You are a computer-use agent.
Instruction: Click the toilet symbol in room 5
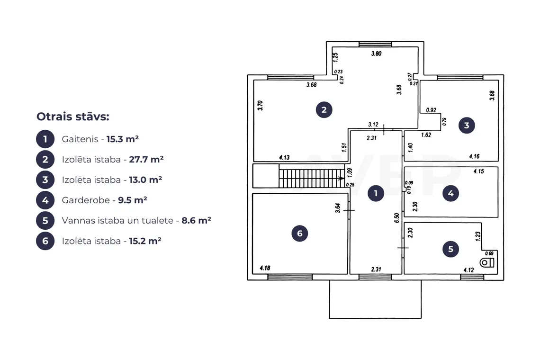(x=487, y=263)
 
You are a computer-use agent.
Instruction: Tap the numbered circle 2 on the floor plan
(x=324, y=110)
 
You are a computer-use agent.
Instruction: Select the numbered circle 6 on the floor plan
(x=300, y=234)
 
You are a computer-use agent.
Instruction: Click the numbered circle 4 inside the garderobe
(x=450, y=194)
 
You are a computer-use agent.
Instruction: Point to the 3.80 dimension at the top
(x=376, y=54)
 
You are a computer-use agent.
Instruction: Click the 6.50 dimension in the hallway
(x=397, y=218)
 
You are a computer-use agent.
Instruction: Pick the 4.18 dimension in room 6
(x=265, y=268)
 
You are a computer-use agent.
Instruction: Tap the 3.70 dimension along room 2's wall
(x=261, y=105)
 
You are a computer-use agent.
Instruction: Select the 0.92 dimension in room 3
(x=431, y=110)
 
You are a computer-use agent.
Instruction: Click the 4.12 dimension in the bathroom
(x=469, y=270)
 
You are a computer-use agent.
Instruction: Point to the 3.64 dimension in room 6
(x=338, y=208)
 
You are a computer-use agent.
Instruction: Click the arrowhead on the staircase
(x=341, y=179)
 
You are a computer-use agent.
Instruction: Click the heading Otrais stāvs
(x=72, y=117)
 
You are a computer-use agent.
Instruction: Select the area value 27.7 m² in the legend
(x=146, y=159)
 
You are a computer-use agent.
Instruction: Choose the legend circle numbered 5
(x=45, y=220)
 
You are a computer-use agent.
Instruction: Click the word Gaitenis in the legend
(x=80, y=139)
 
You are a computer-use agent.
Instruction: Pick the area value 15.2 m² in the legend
(x=145, y=241)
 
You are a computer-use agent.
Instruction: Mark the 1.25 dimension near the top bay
(x=335, y=57)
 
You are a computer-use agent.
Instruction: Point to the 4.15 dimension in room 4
(x=479, y=171)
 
